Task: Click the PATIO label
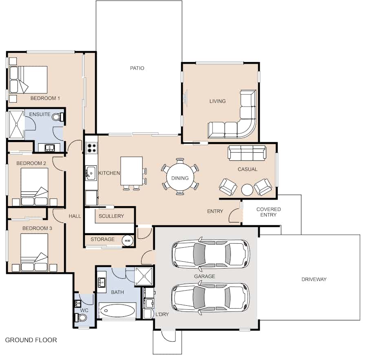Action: [137, 68]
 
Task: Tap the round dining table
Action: [180, 177]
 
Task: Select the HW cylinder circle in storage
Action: [128, 240]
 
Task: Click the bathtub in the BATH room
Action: [117, 311]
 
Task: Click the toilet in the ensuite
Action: [57, 117]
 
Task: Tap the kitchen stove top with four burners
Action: [91, 148]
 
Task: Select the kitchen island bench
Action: [132, 171]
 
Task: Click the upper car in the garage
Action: [211, 254]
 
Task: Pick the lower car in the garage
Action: [211, 298]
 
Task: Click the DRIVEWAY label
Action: [314, 279]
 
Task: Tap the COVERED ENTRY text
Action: [268, 212]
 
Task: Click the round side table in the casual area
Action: [247, 189]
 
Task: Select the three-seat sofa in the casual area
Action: [247, 153]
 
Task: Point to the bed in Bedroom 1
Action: [28, 80]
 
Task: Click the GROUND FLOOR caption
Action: [31, 340]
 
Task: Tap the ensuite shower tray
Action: [16, 124]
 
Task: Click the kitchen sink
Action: [91, 173]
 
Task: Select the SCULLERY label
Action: [111, 216]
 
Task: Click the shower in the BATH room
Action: [144, 277]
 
